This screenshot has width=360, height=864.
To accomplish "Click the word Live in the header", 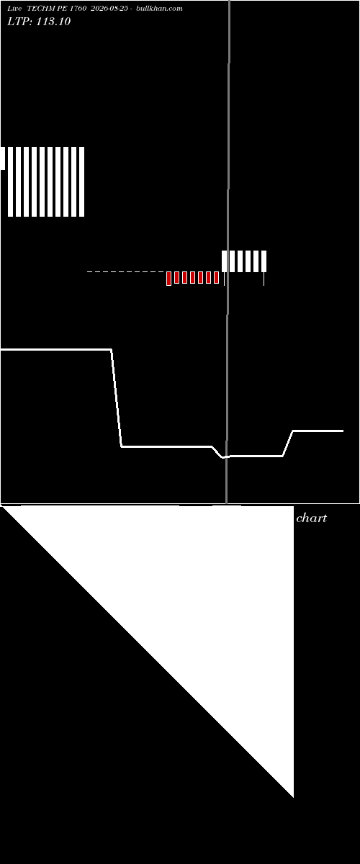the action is (x=14, y=9).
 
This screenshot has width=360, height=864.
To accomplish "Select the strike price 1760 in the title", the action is (x=78, y=9).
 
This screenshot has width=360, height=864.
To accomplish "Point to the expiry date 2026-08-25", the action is (x=109, y=9).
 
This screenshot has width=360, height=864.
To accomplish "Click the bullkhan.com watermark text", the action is (x=159, y=9).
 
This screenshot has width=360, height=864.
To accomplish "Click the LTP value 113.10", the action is (x=53, y=22).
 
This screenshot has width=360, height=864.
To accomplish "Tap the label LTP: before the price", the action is (x=19, y=22).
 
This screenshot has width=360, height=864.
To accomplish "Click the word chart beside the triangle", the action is (x=311, y=518).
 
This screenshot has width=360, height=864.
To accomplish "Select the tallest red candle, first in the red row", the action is (x=168, y=279).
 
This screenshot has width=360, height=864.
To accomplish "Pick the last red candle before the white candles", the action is (x=217, y=277).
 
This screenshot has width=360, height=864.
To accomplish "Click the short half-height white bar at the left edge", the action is (x=3, y=158).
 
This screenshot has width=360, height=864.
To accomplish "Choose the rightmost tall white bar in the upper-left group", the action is (x=82, y=181).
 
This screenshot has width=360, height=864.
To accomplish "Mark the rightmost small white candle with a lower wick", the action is (x=264, y=268).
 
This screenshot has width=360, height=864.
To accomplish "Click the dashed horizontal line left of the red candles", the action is (x=126, y=272).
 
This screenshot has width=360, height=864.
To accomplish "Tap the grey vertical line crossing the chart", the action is (x=228, y=251).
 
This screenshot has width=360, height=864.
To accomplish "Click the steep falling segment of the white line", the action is (x=117, y=398).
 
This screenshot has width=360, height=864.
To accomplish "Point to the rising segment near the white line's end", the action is (x=288, y=444).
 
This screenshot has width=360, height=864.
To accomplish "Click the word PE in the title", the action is (x=63, y=9).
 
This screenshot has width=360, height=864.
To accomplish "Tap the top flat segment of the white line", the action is (x=56, y=349).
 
